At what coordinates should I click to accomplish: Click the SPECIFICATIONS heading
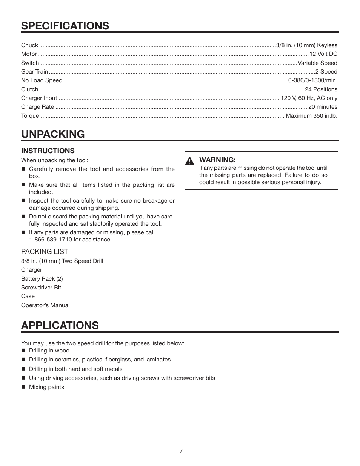(x=65, y=26)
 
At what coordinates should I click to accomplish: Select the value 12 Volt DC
(x=323, y=54)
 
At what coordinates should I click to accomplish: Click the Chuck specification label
(x=29, y=45)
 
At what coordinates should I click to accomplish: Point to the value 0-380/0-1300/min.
(x=313, y=80)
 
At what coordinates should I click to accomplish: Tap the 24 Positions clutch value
(x=321, y=89)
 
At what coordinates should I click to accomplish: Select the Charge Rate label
(x=37, y=107)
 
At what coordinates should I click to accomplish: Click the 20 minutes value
(x=323, y=107)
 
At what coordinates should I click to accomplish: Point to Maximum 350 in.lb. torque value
(x=311, y=116)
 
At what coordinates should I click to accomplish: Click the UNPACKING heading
(x=53, y=134)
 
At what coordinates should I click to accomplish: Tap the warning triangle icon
(x=189, y=161)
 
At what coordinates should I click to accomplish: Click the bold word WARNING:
(x=217, y=160)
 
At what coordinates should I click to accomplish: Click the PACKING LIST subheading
(x=45, y=252)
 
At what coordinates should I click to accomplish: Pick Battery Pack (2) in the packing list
(x=42, y=279)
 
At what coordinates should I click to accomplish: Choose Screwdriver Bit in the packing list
(x=41, y=288)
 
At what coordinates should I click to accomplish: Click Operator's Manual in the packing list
(x=45, y=305)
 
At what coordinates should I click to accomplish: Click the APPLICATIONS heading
(x=60, y=325)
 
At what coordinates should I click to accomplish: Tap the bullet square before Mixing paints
(x=23, y=387)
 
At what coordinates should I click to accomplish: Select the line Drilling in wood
(x=49, y=351)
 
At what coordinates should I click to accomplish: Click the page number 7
(x=181, y=451)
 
